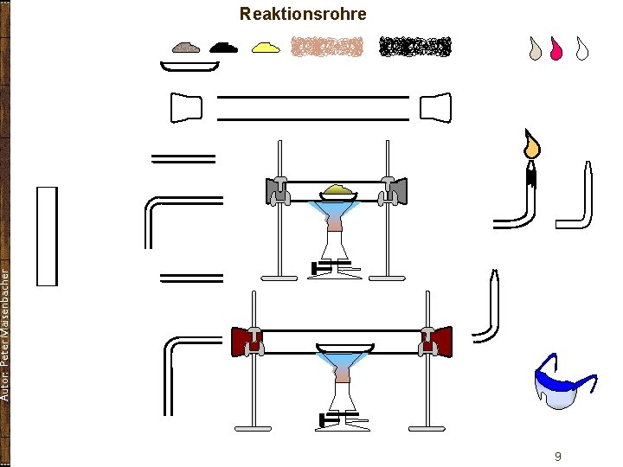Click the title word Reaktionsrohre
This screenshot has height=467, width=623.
click(x=303, y=14)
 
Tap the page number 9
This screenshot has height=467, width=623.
click(x=558, y=456)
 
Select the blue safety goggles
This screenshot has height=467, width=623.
click(x=563, y=381)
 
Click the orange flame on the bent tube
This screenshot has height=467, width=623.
click(x=531, y=145)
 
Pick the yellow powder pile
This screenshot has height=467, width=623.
click(x=266, y=48)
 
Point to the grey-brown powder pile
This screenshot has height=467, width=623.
click(x=186, y=48)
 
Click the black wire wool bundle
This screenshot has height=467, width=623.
click(x=416, y=47)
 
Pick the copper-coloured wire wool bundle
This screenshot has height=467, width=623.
click(x=326, y=47)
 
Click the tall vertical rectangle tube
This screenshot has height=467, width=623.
click(x=47, y=236)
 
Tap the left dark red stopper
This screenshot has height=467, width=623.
click(x=242, y=342)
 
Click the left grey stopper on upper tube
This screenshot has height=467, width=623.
click(x=276, y=188)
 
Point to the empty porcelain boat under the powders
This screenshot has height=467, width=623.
click(x=189, y=67)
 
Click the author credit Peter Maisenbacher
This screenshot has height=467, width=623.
click(x=6, y=333)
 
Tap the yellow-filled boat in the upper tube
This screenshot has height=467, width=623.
click(x=338, y=190)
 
